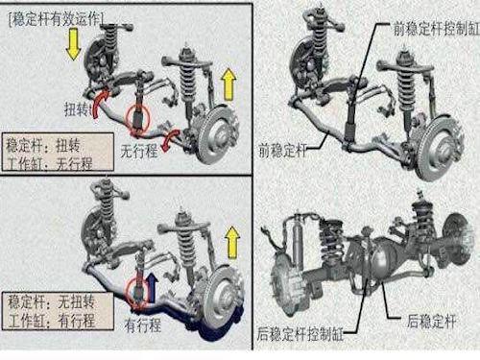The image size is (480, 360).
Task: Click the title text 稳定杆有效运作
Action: (56, 20)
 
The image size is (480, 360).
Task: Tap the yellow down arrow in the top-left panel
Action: (73, 44)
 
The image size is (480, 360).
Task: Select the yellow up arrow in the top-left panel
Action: (228, 84)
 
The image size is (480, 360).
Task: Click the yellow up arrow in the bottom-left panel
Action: (232, 242)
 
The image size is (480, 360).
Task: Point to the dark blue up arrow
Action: (153, 288)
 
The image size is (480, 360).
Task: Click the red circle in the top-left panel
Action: (137, 120)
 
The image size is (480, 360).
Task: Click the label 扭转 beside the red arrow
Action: (78, 109)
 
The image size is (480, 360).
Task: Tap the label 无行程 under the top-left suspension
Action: (139, 151)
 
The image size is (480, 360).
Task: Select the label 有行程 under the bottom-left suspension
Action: (143, 325)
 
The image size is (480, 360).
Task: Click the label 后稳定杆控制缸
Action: (300, 334)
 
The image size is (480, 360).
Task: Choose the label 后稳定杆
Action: (431, 321)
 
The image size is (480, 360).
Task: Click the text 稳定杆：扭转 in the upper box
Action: (43, 146)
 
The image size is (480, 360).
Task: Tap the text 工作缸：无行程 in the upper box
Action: (49, 164)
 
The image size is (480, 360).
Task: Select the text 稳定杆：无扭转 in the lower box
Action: (51, 302)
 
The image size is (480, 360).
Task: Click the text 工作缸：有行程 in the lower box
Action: (51, 321)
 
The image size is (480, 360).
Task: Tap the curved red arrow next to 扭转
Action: (100, 103)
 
